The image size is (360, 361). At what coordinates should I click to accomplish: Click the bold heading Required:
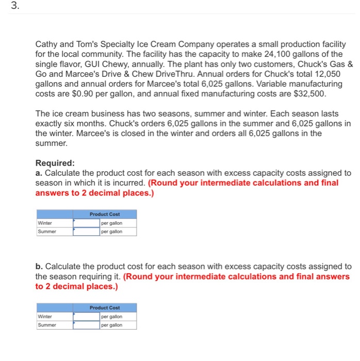point(55,163)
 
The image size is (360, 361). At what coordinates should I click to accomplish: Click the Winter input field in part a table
point(86,223)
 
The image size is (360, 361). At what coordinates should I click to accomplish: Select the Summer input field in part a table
point(86,232)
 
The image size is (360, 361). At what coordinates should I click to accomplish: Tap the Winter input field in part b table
point(86,316)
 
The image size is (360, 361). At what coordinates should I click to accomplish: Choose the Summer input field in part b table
point(86,325)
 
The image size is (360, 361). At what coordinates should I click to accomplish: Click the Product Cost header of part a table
point(105,214)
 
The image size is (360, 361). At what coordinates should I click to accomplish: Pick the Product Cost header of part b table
point(105,307)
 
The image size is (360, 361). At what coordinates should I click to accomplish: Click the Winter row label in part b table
point(45,316)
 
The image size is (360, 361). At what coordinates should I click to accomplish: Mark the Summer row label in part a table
point(47,232)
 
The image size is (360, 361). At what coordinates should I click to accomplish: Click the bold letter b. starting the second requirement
point(39,267)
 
